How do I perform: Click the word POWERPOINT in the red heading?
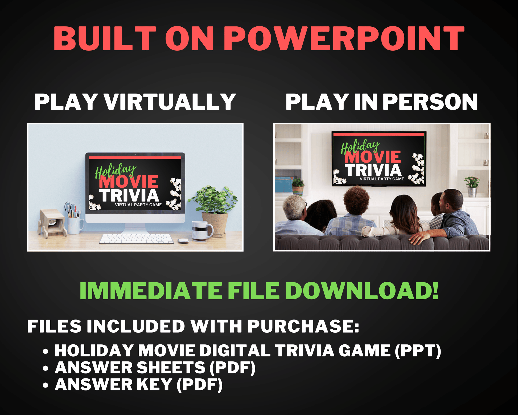[344, 38]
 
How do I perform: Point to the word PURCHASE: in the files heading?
[303, 326]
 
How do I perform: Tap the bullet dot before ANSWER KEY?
[46, 385]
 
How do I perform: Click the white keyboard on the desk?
[137, 239]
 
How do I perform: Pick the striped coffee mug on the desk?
[202, 231]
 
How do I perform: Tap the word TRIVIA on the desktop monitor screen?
[129, 196]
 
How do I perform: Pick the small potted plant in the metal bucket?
[472, 186]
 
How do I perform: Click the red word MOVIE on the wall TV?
[373, 157]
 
